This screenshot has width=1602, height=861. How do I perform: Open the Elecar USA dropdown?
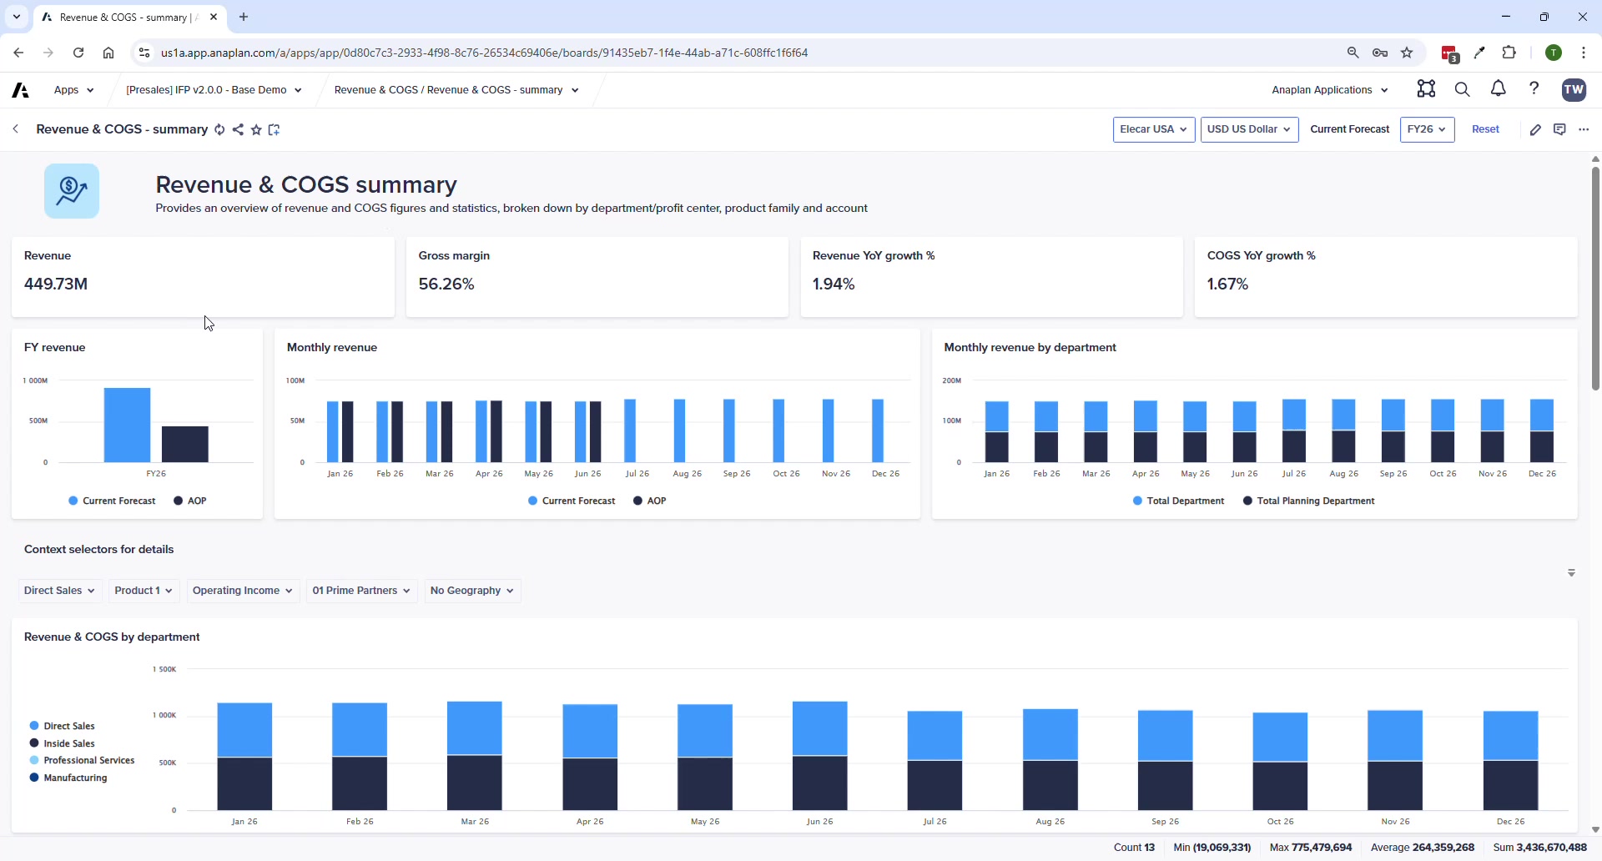pyautogui.click(x=1153, y=129)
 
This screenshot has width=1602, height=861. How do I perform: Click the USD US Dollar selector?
pyautogui.click(x=1248, y=129)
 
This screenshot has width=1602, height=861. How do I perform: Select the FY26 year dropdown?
pyautogui.click(x=1427, y=129)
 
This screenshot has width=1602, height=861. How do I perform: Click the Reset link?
pyautogui.click(x=1485, y=129)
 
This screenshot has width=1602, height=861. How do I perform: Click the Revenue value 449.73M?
pyautogui.click(x=56, y=284)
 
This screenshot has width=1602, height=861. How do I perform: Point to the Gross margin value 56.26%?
pyautogui.click(x=446, y=284)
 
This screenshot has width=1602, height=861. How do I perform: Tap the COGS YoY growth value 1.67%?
pyautogui.click(x=1227, y=284)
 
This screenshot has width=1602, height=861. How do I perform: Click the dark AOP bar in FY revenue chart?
pyautogui.click(x=184, y=444)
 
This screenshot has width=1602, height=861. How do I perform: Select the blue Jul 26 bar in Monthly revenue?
pyautogui.click(x=631, y=430)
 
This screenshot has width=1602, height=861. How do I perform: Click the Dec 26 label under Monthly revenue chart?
pyautogui.click(x=885, y=474)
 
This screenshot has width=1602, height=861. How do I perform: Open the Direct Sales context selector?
pyautogui.click(x=59, y=591)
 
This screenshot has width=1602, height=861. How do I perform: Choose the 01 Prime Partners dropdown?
pyautogui.click(x=361, y=591)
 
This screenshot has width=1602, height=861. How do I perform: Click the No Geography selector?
pyautogui.click(x=472, y=591)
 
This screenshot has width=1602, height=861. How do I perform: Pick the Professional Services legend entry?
pyautogui.click(x=88, y=760)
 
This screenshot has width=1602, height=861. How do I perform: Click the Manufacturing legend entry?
pyautogui.click(x=75, y=778)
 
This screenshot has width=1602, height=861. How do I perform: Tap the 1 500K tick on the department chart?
pyautogui.click(x=164, y=669)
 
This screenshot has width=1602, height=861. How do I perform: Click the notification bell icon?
pyautogui.click(x=1498, y=89)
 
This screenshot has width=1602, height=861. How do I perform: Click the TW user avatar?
pyautogui.click(x=1574, y=89)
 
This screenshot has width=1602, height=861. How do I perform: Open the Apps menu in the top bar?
pyautogui.click(x=73, y=90)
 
